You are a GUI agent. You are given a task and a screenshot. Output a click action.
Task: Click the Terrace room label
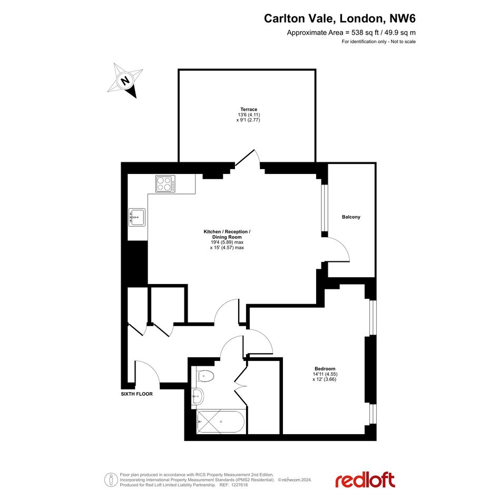click(x=249, y=109)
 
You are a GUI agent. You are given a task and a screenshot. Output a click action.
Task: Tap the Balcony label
click(x=351, y=217)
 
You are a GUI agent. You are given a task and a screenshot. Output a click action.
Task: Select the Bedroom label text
click(x=325, y=369)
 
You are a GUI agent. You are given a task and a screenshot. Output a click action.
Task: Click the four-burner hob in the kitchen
click(x=165, y=184)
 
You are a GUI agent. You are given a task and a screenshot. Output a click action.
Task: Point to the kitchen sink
click(x=137, y=217)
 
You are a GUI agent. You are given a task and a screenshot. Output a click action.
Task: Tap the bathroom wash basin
click(x=198, y=396)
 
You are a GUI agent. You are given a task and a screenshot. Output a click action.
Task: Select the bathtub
click(x=220, y=422)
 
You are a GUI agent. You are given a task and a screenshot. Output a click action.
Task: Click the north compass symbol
click(x=125, y=81)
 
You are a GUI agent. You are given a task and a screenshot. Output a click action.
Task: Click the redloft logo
click(x=365, y=480)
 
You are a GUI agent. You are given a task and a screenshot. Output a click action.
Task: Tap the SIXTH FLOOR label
click(x=136, y=394)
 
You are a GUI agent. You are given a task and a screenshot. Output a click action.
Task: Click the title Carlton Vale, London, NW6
click(x=339, y=18)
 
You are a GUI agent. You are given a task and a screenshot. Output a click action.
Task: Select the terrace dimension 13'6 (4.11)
click(x=249, y=115)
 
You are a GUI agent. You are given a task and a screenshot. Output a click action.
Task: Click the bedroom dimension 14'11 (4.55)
click(x=325, y=374)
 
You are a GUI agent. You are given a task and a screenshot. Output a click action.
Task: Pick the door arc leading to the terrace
click(x=257, y=156)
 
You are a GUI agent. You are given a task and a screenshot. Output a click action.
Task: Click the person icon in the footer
click(x=111, y=480)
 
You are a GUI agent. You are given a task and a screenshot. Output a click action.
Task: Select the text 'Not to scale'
click(x=403, y=42)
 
